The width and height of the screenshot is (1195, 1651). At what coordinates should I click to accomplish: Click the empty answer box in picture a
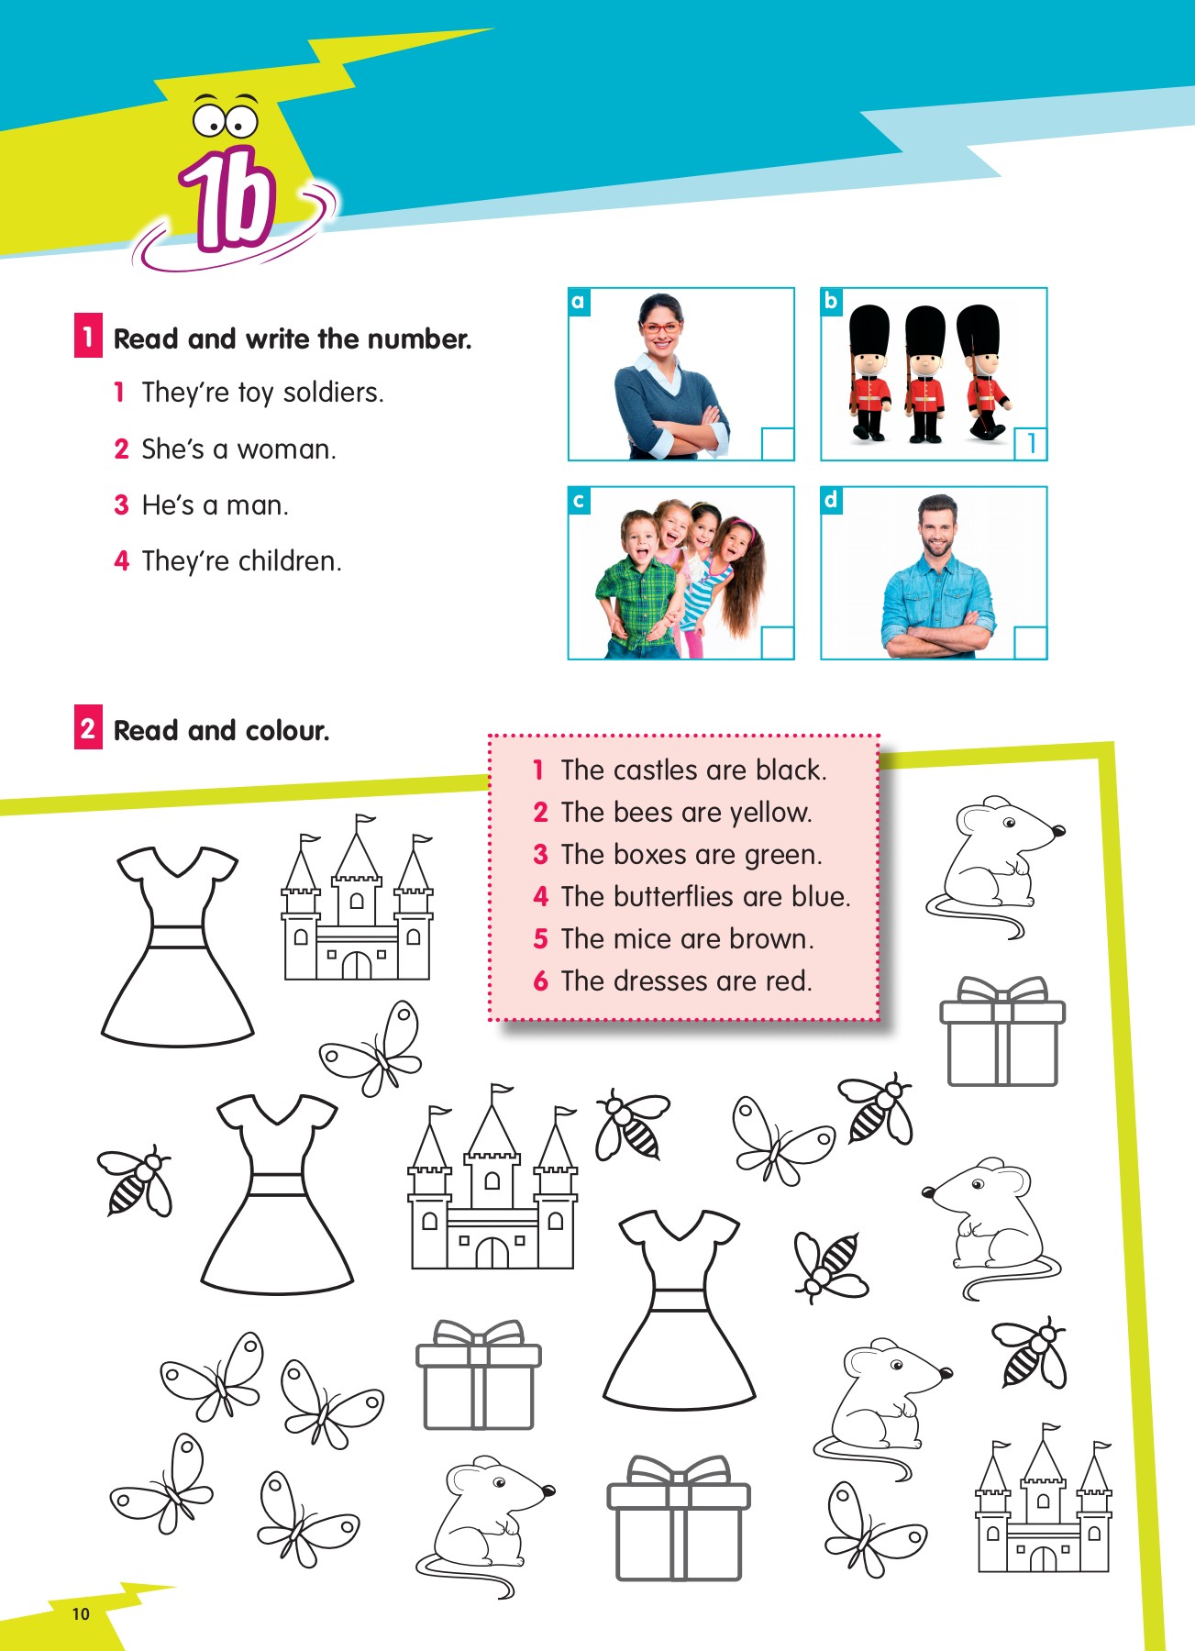pos(777,444)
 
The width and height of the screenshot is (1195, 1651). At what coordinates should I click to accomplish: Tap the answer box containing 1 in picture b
pos(1030,444)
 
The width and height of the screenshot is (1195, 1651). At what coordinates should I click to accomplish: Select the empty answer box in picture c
pos(777,642)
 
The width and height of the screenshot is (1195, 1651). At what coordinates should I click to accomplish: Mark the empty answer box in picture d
pos(1030,642)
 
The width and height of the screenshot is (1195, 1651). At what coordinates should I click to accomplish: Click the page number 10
pos(81,1614)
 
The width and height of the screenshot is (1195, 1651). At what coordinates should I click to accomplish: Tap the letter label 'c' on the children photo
pos(579,501)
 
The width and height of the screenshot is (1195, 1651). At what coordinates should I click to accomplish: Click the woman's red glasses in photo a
pos(660,327)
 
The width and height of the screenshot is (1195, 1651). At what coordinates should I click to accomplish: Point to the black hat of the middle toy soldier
pos(924,331)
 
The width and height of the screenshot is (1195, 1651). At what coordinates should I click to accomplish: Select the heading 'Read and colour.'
pos(221,731)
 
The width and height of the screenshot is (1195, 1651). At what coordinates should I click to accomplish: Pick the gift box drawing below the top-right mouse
pos(1001,1032)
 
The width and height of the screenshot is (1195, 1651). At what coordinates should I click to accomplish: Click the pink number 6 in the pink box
pos(541,981)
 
